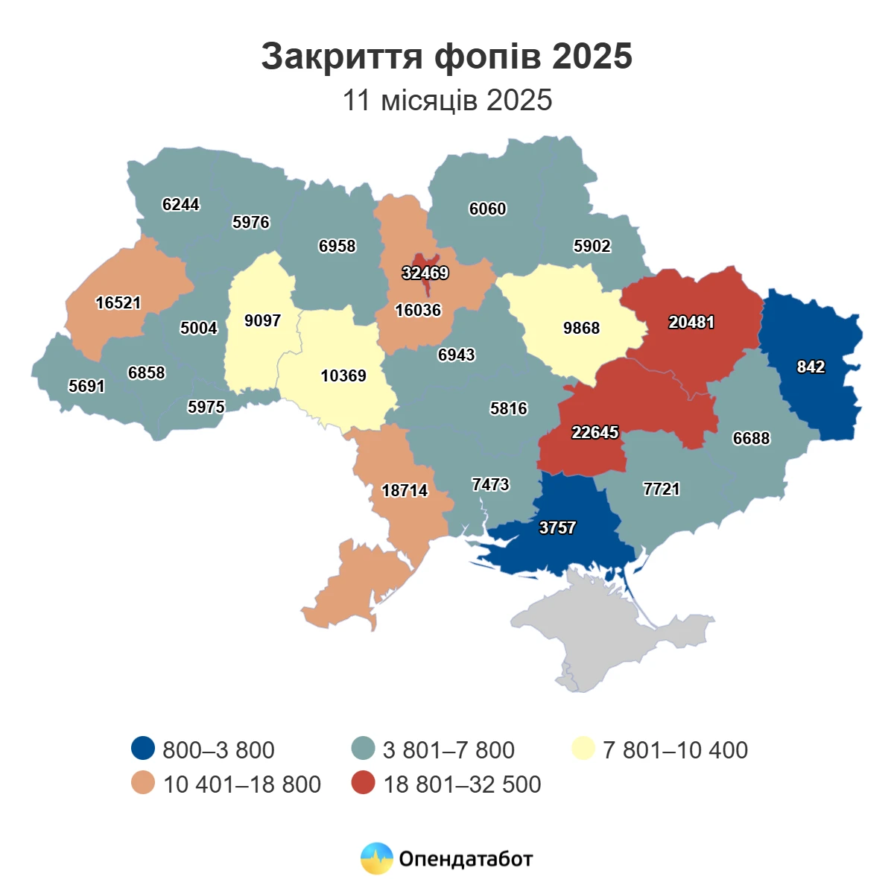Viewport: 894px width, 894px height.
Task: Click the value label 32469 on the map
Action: click(x=425, y=273)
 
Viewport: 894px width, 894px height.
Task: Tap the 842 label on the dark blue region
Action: click(x=811, y=367)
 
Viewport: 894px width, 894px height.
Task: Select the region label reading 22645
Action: click(x=595, y=432)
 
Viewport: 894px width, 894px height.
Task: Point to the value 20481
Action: click(x=691, y=323)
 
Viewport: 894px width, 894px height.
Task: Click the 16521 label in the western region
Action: click(x=118, y=303)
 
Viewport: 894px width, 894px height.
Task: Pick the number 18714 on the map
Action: click(x=405, y=490)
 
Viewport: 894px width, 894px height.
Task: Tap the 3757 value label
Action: click(x=557, y=527)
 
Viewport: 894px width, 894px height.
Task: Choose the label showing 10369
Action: click(x=343, y=376)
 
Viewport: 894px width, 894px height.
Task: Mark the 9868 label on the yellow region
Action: click(x=581, y=329)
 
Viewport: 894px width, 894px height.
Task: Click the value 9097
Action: click(x=262, y=321)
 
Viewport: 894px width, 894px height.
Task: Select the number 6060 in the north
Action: click(x=487, y=209)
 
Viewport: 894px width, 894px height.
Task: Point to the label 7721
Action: click(x=662, y=489)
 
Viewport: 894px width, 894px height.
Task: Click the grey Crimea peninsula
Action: click(x=611, y=633)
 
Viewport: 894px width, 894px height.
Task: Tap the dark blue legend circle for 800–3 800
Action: click(x=142, y=749)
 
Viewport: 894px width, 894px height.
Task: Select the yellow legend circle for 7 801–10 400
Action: click(x=583, y=749)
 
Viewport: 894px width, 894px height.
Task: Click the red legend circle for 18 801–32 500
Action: click(x=363, y=783)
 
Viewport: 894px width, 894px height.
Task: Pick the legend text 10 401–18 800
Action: click(x=241, y=784)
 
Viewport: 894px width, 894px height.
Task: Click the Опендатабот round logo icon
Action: click(x=376, y=858)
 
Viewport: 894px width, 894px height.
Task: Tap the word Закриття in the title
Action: click(x=342, y=57)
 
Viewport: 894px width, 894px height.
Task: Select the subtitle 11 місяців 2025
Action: click(x=447, y=101)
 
